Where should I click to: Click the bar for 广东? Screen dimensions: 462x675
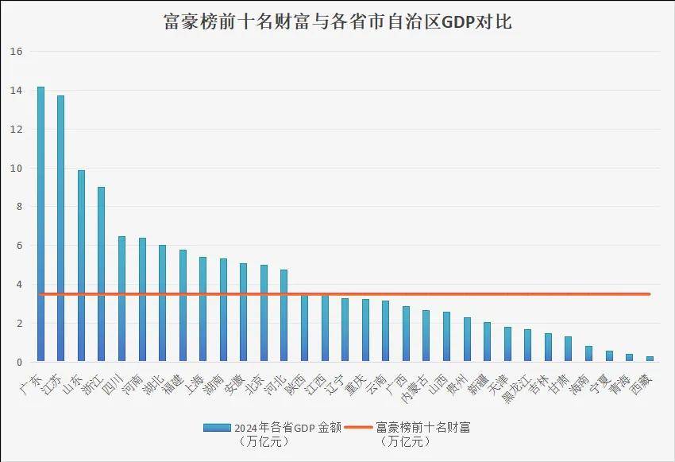click(x=40, y=227)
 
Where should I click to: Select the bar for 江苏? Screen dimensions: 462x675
click(x=60, y=231)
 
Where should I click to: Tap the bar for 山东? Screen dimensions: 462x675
click(x=81, y=266)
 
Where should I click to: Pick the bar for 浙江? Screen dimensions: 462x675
click(x=101, y=274)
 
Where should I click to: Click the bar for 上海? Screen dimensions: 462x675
click(x=202, y=310)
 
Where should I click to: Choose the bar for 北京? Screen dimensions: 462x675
click(x=264, y=314)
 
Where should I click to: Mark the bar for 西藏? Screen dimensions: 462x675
click(x=650, y=359)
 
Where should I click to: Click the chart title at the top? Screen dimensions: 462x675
click(x=337, y=21)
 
